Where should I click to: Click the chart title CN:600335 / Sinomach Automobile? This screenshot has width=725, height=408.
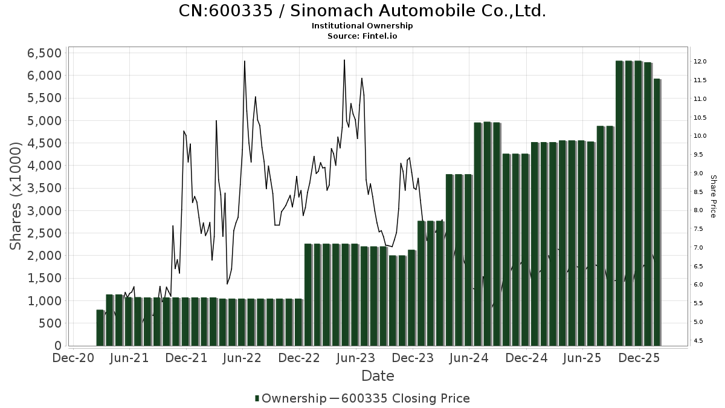362,11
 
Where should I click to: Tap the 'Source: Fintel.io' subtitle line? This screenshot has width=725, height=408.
362,36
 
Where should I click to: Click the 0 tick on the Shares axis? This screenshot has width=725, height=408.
58,346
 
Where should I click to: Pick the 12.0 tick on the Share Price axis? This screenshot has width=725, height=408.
701,62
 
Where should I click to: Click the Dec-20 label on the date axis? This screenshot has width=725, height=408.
72,358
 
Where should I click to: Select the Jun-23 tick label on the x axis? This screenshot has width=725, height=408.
356,358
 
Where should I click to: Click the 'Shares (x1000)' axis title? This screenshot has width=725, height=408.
17,196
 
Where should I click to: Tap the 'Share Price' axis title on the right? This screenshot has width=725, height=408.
713,196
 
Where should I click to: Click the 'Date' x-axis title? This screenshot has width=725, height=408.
378,376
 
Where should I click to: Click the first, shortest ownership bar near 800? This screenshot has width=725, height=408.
100,328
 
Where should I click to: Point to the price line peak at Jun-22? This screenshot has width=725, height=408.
244,62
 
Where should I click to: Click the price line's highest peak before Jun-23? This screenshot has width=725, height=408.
344,60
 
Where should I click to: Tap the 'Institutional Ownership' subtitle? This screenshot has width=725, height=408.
362,26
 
